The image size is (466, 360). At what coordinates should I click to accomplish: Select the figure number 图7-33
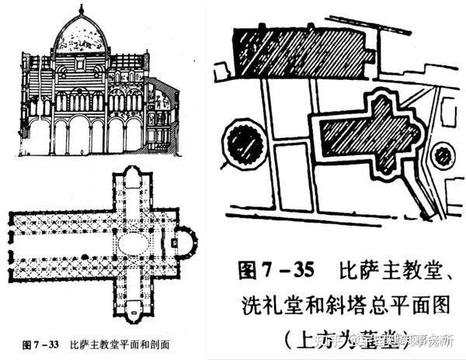[43, 342]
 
